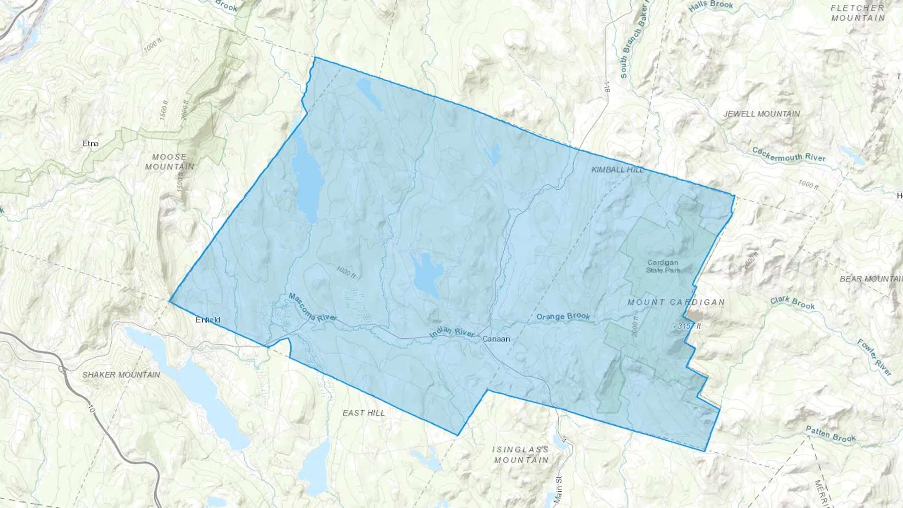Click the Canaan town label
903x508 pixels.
point(496,339)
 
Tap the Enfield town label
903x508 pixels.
point(208,320)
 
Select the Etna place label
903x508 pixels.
point(91,143)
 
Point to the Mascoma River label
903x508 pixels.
point(312,307)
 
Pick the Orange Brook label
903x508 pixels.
point(563,316)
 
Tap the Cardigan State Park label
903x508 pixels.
point(663,266)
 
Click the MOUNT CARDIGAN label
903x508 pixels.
point(676,302)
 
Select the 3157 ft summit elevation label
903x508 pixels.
point(688,326)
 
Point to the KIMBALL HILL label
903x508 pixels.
point(618,170)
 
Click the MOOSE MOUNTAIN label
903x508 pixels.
point(170,161)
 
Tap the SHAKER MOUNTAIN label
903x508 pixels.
point(121,375)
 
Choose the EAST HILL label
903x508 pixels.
point(364,413)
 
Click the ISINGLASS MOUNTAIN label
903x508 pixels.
point(521,455)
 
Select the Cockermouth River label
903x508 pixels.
point(789,154)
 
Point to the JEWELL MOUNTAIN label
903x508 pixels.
point(762,114)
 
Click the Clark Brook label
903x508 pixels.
point(793,302)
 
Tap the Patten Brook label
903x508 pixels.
point(831,434)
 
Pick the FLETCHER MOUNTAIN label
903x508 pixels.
point(858,13)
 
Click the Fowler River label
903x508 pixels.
point(874,357)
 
